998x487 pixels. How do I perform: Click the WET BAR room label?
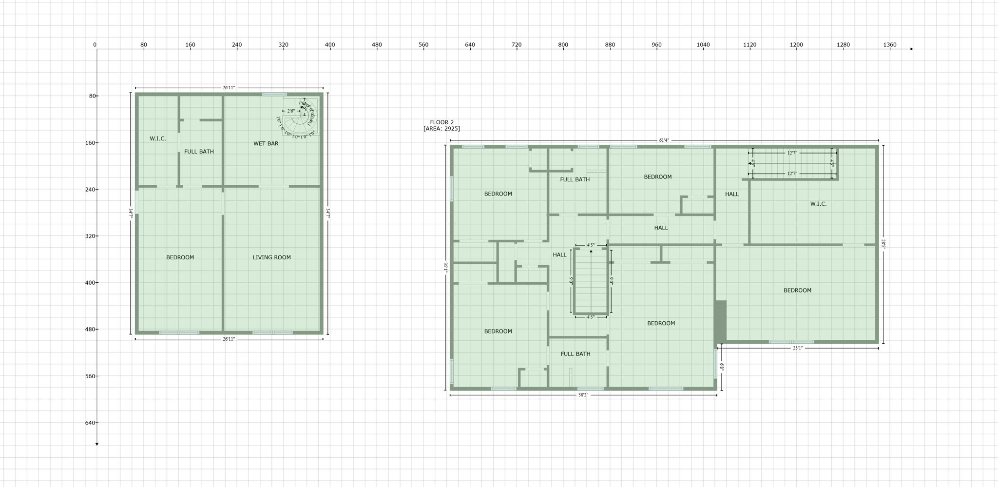coord(266,143)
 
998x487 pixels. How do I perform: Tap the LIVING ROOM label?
coord(271,257)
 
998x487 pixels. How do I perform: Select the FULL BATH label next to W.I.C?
coord(199,152)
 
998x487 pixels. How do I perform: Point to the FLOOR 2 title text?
coord(441,122)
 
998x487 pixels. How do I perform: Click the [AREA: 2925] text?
coord(441,129)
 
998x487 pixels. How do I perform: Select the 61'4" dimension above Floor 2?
coord(664,140)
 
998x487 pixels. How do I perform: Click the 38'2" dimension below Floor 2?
coord(583,395)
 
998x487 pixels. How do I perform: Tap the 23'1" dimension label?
coord(797,348)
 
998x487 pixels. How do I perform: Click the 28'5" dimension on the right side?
coord(883,244)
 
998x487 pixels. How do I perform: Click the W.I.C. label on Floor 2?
coord(818,204)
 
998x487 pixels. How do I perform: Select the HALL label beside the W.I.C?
coord(731,194)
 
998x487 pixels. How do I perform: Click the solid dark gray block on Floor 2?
coord(721,321)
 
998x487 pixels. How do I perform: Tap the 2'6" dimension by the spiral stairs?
coord(290,111)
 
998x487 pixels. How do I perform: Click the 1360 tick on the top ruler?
coord(889,45)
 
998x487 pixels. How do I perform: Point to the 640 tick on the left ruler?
coord(91,423)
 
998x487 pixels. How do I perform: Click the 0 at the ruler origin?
coord(95,45)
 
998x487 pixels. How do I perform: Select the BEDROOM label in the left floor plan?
coord(180,257)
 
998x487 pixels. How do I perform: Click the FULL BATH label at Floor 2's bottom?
coord(575,354)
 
